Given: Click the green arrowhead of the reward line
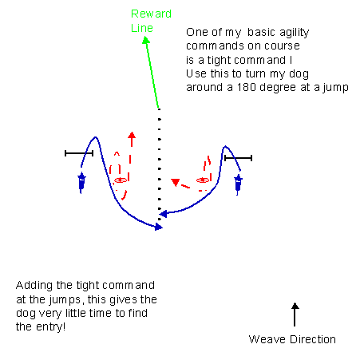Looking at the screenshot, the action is click(146, 40).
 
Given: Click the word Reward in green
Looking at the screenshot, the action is click(151, 14).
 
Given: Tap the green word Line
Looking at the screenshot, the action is click(142, 28).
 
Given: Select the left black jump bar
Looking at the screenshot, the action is click(79, 153).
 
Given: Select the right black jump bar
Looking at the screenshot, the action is click(238, 158).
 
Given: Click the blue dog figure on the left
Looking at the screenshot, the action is click(81, 183).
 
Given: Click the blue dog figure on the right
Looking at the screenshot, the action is click(238, 184).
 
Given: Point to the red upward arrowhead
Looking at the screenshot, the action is click(132, 135).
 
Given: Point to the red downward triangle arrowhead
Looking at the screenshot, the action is click(176, 182).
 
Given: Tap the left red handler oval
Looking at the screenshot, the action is click(121, 180).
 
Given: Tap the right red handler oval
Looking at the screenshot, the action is click(203, 180).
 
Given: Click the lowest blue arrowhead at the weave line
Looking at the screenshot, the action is click(159, 227).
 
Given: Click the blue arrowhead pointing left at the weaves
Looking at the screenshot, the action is click(163, 214).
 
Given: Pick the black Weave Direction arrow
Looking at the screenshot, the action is click(295, 315).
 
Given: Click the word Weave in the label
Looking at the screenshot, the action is click(267, 339).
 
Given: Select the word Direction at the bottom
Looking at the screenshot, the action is click(313, 339).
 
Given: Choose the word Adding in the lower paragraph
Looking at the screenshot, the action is click(34, 286).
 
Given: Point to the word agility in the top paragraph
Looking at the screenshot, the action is click(294, 33).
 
